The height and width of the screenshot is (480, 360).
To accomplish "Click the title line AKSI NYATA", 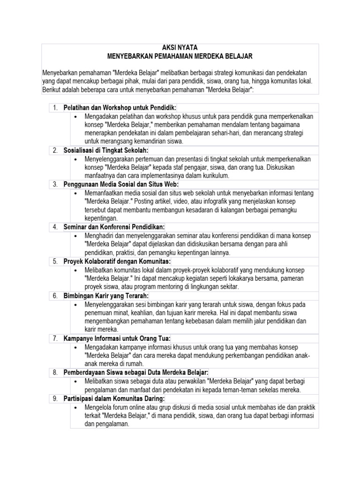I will click(180, 48).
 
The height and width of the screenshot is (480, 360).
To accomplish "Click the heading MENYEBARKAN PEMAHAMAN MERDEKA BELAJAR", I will click(180, 56).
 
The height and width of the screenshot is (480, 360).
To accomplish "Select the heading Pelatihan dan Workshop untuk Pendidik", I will click(120, 108).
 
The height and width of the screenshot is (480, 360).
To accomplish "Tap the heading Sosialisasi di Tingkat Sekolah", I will click(106, 150).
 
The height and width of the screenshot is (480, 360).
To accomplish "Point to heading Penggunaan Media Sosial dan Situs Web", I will click(121, 185).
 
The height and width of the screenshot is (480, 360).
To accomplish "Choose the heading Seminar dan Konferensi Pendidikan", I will click(114, 227).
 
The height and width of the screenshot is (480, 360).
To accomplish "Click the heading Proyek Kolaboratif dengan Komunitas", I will click(117, 261).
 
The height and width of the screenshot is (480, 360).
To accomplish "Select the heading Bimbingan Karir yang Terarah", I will click(106, 296).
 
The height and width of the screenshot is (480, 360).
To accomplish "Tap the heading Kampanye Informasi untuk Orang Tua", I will click(117, 338).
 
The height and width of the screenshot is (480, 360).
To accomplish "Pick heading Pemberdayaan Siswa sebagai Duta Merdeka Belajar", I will click(136, 372).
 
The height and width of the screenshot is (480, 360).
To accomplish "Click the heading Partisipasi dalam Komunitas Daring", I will click(114, 398).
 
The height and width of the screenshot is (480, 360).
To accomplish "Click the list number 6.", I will click(55, 296).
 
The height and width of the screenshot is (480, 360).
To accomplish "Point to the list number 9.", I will click(55, 398).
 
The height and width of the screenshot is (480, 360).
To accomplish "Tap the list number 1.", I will click(55, 108).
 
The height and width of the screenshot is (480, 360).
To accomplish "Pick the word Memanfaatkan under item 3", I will click(104, 193).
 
